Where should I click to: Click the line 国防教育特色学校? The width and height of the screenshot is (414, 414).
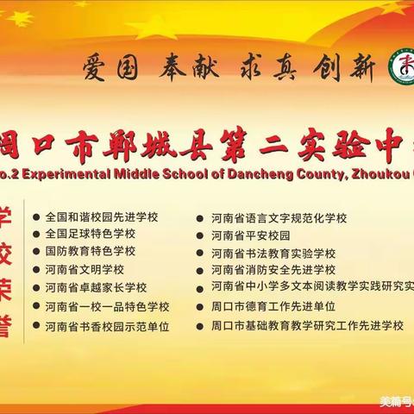click(x=90, y=251)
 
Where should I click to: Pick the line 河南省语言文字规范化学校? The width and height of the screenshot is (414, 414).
click(x=279, y=218)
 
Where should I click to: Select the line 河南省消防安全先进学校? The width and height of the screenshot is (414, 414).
click(x=273, y=270)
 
